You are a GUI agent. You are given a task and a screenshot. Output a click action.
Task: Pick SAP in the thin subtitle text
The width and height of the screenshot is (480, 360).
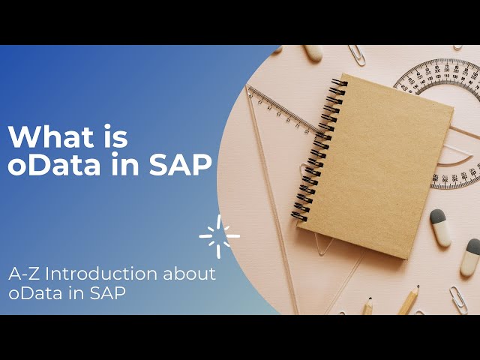pos(109,293)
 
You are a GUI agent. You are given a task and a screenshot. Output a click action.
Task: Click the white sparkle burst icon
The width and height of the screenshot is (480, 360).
pos(220,235)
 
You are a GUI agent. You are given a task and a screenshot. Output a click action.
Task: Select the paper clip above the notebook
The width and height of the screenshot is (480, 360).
pos(357,55)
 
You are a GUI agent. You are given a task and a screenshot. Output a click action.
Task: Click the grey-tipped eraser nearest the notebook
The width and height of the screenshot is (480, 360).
pos(440,228)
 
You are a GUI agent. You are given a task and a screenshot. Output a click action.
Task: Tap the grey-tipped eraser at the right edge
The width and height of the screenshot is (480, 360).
pos(470,256)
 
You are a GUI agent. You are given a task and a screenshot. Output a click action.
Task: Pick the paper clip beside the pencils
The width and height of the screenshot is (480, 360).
pos(457,298)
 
